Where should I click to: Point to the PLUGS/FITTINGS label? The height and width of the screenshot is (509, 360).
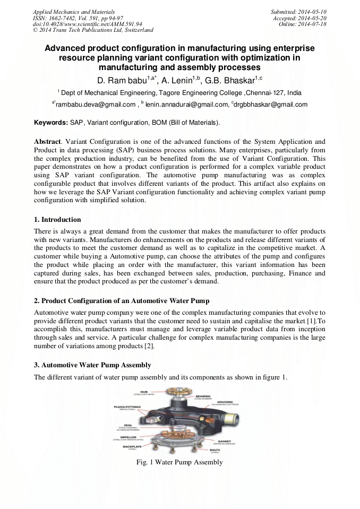[127, 407]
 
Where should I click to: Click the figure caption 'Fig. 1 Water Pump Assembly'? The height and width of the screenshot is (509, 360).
[179, 462]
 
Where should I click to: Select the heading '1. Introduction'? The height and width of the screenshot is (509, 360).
[57, 219]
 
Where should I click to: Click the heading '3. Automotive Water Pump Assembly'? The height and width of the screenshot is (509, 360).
[92, 365]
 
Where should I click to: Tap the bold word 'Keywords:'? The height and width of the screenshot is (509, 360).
[51, 122]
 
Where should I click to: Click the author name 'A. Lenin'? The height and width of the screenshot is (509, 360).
[179, 81]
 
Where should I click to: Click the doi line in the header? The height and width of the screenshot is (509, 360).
[87, 24]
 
